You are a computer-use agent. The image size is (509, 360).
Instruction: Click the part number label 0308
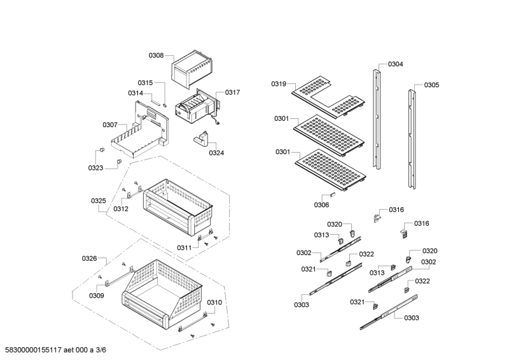point(156,56)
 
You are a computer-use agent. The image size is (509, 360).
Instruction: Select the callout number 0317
point(232,92)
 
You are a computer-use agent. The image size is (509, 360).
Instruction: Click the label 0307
point(110,125)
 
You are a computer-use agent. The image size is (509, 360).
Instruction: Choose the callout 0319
point(279,84)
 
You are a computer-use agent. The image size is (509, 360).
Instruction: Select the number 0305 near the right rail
point(431,85)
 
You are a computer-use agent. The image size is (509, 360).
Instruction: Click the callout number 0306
point(321,205)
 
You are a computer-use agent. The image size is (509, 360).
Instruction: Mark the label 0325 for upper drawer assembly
point(98,201)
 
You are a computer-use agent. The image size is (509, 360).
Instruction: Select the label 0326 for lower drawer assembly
point(89,258)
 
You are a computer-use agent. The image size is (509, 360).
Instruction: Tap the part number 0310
point(214,302)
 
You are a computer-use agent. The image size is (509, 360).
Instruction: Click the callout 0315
point(145,83)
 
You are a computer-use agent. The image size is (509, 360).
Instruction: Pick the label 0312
point(121,209)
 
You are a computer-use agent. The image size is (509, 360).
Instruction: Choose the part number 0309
point(96,296)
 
